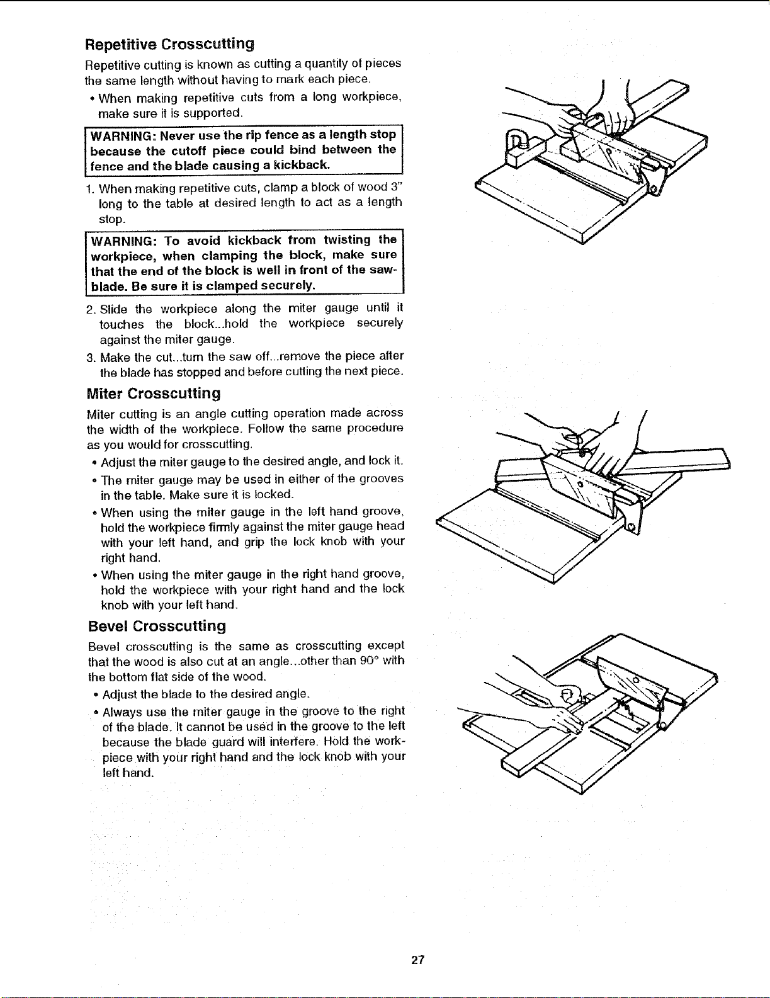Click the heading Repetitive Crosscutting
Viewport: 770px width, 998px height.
(x=169, y=44)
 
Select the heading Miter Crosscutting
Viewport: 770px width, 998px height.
(x=154, y=393)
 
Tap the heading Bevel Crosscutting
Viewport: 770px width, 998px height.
(x=157, y=626)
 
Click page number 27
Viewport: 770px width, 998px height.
(x=417, y=960)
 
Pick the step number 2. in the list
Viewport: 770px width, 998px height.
(x=91, y=309)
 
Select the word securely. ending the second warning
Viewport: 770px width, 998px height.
(x=288, y=286)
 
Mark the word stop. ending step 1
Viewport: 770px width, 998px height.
(x=111, y=219)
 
